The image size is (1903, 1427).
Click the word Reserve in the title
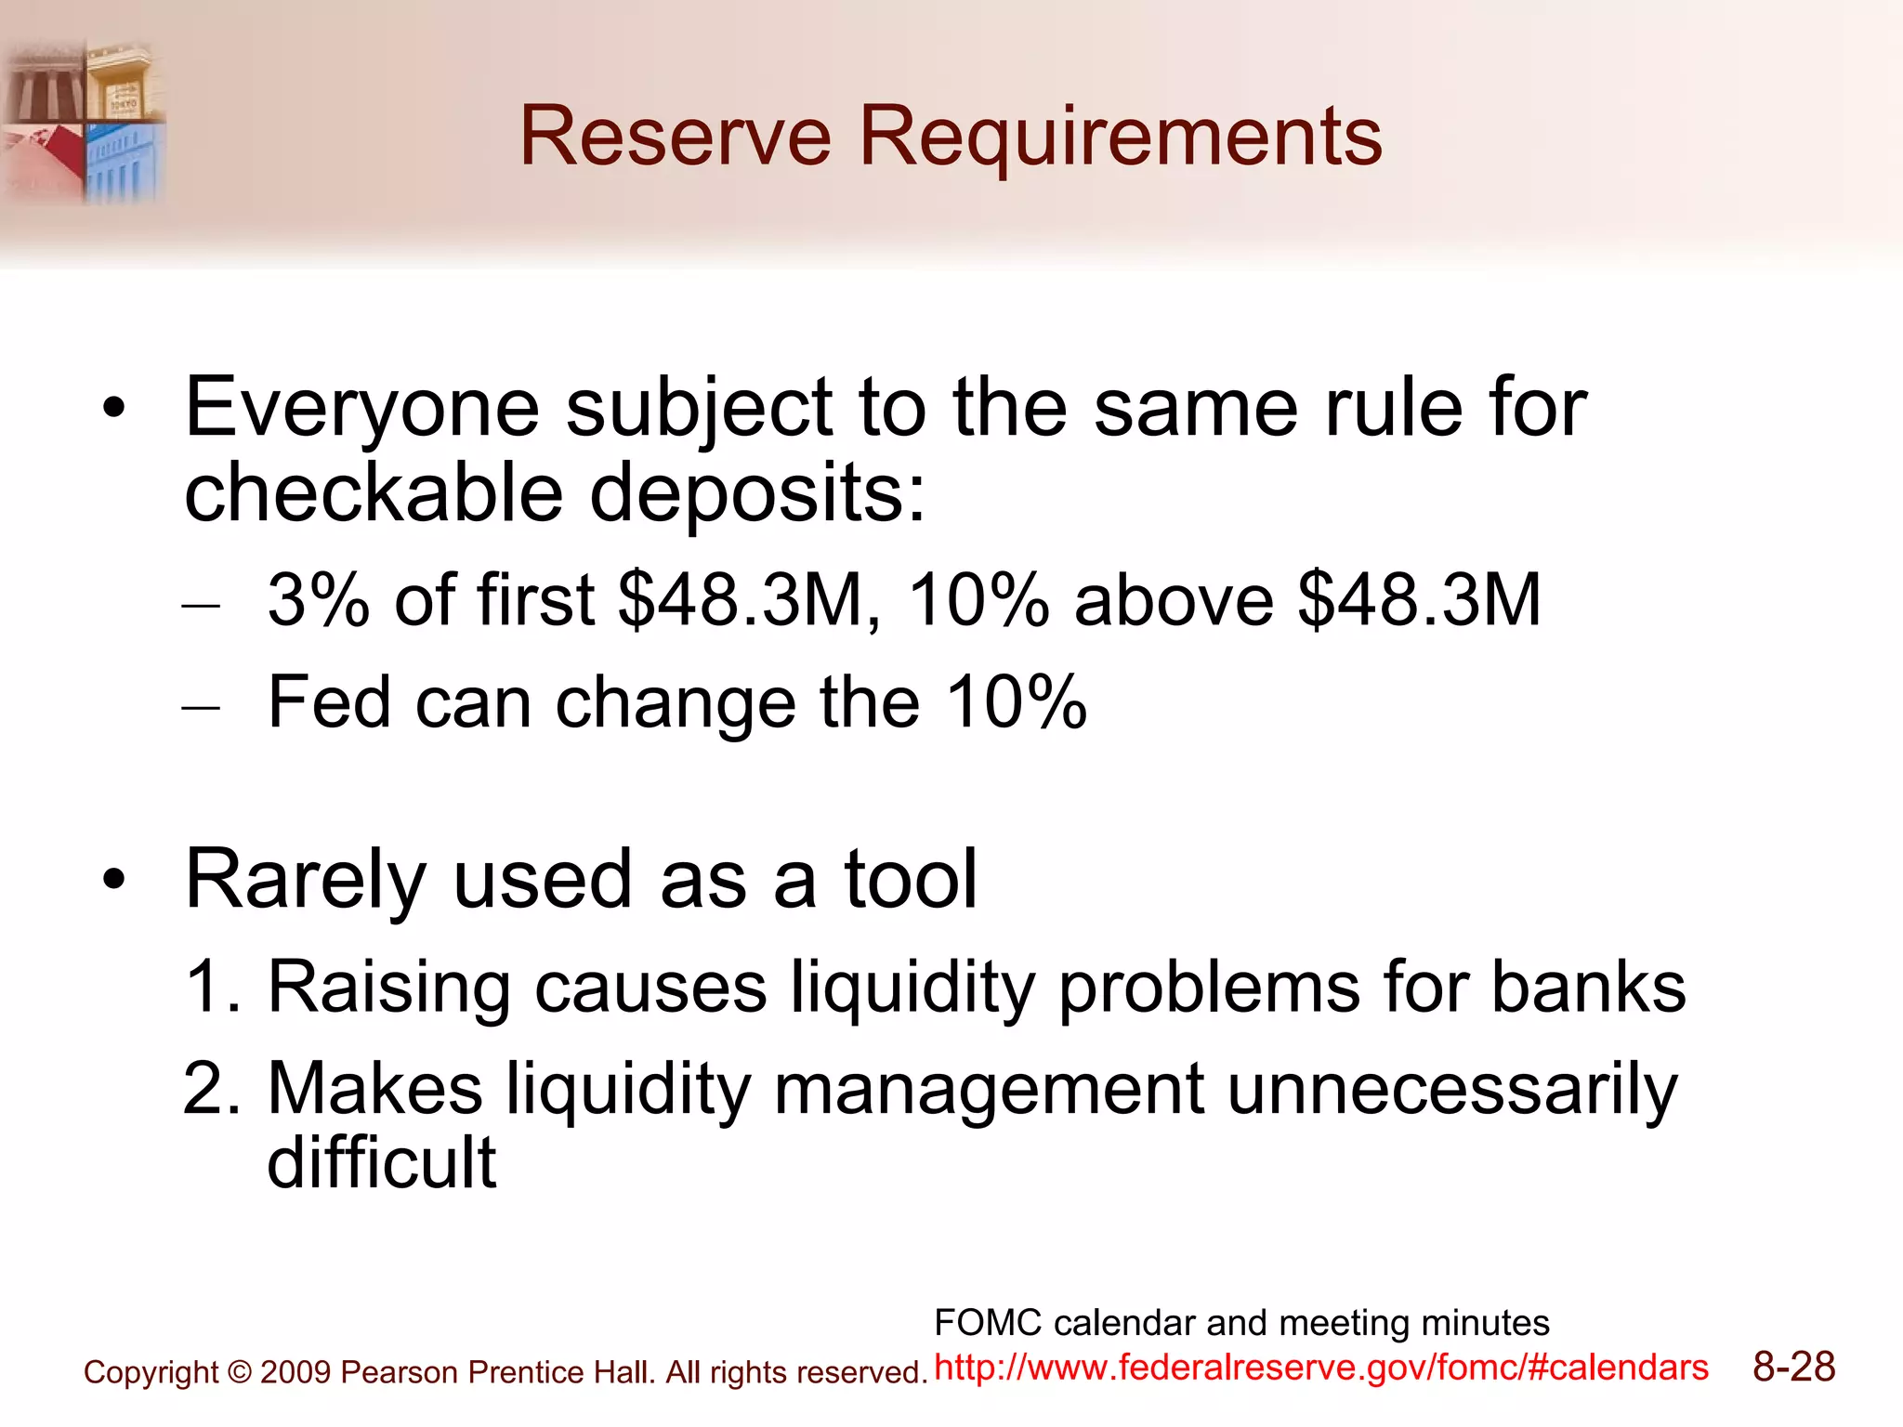(675, 137)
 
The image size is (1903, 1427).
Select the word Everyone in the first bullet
(361, 409)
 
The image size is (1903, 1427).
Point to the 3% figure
(318, 600)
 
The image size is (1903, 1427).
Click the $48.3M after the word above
(1419, 600)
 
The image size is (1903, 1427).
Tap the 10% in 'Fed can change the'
(1016, 702)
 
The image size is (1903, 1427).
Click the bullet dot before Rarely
(113, 880)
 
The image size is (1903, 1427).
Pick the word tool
(910, 880)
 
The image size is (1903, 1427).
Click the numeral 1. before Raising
(212, 987)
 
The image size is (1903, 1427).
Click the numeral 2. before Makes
(212, 1089)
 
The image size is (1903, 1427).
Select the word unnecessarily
(1451, 1089)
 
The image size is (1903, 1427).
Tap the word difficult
(381, 1162)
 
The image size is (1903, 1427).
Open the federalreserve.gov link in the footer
(1320, 1368)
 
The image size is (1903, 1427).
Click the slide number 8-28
(1793, 1368)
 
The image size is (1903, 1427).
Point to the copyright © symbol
(239, 1373)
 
